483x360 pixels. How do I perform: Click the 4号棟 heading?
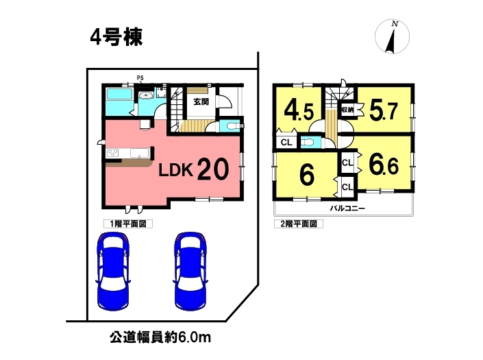(116, 37)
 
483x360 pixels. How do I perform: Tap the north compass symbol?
(392, 36)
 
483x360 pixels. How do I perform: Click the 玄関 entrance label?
(201, 101)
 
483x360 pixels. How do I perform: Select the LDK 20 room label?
(193, 169)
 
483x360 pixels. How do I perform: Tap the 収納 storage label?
(347, 110)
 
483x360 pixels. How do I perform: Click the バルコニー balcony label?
(347, 208)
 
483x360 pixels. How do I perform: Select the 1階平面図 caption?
(128, 224)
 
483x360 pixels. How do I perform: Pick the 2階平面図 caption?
(299, 224)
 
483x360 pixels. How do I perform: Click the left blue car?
(113, 272)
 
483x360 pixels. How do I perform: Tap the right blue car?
(190, 272)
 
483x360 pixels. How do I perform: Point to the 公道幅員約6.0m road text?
(160, 337)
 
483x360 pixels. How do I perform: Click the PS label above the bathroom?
(140, 78)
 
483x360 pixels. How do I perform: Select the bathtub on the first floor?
(119, 94)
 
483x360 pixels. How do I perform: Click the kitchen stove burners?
(112, 153)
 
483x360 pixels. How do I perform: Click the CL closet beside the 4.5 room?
(286, 143)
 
